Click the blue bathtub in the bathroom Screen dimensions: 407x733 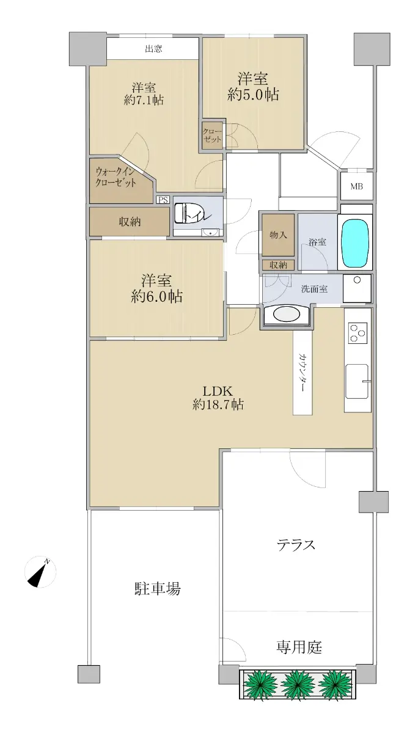[x=355, y=242]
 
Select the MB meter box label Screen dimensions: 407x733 [x=356, y=186]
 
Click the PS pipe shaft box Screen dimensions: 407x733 [x=163, y=200]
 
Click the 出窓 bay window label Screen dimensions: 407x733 [x=153, y=49]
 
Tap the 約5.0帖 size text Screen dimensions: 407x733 [x=253, y=95]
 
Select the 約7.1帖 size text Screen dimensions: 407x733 [x=144, y=100]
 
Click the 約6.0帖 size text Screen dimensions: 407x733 [x=156, y=296]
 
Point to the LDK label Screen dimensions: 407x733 [x=218, y=391]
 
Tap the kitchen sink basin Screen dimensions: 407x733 [x=356, y=382]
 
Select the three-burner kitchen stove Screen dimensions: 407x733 [x=358, y=332]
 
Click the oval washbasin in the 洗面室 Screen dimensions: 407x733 [x=286, y=315]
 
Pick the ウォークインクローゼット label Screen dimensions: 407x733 [x=116, y=177]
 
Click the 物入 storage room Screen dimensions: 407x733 [x=278, y=235]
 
